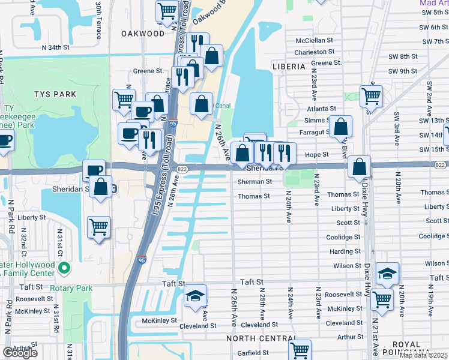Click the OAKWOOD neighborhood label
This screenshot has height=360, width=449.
point(142,34)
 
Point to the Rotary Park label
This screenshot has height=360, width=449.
point(71,288)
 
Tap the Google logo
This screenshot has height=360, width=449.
point(20,353)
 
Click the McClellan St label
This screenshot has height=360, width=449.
point(314,40)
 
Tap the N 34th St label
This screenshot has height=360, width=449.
point(60,47)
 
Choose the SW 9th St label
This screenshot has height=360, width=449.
point(402,71)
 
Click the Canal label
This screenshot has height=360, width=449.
point(223,106)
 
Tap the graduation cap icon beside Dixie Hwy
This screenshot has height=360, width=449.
point(388,274)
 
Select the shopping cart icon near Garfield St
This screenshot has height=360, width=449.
point(300,349)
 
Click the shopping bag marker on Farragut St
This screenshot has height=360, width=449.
point(341,127)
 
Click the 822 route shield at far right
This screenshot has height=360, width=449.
point(440,165)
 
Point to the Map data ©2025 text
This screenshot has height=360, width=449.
point(424,355)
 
